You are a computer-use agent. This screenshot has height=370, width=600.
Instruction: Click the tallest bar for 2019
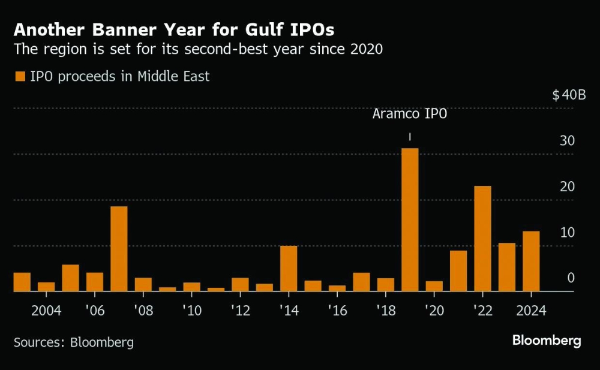point(410,219)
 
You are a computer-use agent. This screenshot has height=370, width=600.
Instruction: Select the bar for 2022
point(482,239)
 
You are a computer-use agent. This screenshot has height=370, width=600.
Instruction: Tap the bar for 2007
point(119,249)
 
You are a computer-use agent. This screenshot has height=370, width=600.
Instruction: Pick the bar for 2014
point(289,269)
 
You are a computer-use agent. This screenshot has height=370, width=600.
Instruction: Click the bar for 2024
point(531,261)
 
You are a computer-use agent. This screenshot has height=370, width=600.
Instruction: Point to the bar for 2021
point(458,271)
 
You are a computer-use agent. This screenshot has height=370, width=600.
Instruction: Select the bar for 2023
point(507,267)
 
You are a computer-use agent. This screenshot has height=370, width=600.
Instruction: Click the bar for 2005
point(70,278)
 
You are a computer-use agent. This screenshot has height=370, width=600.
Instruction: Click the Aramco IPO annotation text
point(410,114)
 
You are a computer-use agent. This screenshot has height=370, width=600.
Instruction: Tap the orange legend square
point(20,76)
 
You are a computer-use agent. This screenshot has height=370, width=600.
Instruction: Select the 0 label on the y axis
point(571,278)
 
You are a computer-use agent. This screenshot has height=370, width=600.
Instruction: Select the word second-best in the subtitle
point(220,50)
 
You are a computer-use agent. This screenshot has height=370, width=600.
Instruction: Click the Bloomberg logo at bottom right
point(546,341)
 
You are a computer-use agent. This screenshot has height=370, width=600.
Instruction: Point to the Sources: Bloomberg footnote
point(74,342)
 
